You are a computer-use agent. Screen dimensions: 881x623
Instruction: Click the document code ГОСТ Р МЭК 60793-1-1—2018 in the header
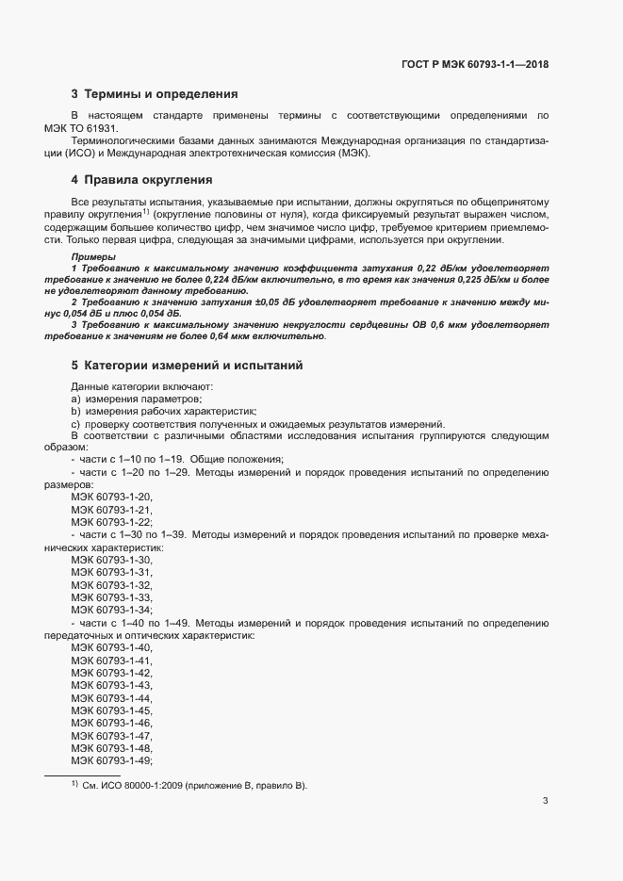[467, 65]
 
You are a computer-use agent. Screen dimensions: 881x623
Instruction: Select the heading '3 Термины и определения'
[155, 94]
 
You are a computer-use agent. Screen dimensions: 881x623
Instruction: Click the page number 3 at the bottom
[546, 801]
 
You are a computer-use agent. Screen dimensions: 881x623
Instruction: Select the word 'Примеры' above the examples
[93, 257]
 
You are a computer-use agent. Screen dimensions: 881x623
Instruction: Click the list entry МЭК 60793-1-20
[111, 497]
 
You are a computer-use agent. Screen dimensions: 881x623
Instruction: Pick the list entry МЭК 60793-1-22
[111, 522]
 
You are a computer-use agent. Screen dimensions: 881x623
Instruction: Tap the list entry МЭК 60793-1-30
[111, 560]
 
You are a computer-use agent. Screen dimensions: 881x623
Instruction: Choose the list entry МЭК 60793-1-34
[111, 611]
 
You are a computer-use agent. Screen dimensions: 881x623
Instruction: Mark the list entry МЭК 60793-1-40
[111, 648]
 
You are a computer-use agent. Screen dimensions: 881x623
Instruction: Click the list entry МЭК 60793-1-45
[111, 710]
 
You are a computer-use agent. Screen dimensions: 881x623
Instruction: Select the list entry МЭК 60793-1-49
[111, 761]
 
